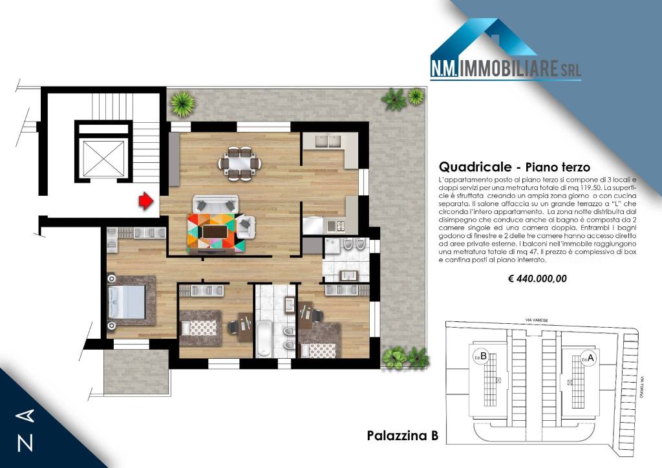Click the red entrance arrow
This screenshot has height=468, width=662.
[x=146, y=202]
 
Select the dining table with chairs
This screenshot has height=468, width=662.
[x=237, y=162]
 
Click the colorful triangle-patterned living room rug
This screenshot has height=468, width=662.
[x=216, y=232]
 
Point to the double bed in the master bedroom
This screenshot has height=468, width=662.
[x=129, y=302]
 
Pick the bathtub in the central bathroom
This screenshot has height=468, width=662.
[x=264, y=336]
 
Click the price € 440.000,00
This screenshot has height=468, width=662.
[x=537, y=279]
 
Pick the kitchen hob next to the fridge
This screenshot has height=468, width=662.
[x=336, y=226]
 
